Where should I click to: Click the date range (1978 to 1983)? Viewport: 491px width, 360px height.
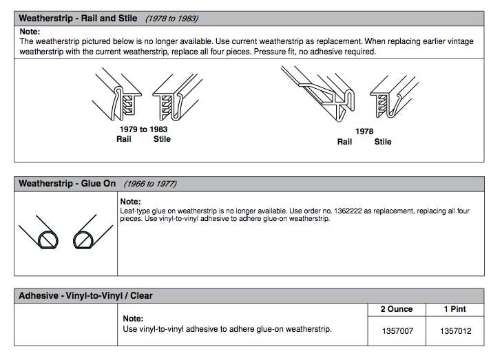[171, 18]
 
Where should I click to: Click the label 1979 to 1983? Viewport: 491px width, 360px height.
[143, 129]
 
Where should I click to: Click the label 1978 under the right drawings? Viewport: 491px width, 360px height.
[365, 131]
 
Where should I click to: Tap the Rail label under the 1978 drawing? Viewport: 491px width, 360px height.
[344, 142]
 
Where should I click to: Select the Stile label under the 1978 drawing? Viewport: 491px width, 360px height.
[383, 142]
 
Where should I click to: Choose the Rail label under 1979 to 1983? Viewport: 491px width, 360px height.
[124, 139]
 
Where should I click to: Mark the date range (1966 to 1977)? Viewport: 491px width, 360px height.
[150, 184]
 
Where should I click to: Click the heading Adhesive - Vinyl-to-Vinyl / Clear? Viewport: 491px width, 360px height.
[85, 296]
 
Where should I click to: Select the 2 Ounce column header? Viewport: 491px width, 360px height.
[397, 310]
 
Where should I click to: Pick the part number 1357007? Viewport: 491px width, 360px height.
[397, 331]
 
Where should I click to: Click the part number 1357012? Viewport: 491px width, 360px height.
[455, 331]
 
